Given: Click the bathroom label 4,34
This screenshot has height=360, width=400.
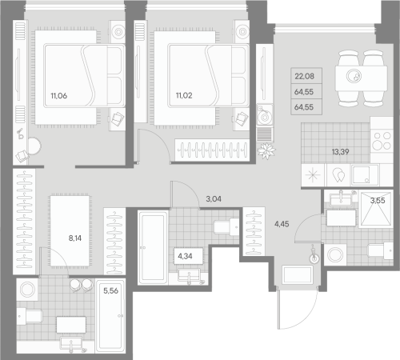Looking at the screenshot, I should [184, 257].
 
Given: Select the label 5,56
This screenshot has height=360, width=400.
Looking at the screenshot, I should [108, 291].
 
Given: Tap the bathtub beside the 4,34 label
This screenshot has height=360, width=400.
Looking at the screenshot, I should [152, 248].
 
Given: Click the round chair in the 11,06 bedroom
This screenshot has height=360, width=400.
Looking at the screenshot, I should [34, 146].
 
